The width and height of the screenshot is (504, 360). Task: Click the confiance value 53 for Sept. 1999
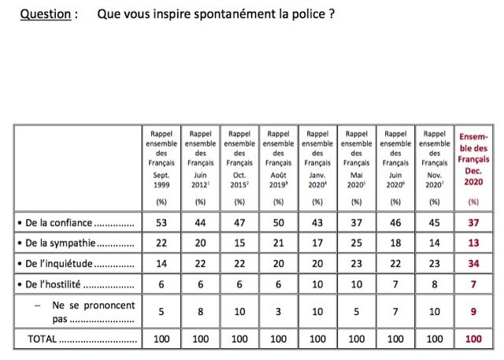point(160,223)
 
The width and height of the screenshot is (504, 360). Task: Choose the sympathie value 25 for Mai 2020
point(356,243)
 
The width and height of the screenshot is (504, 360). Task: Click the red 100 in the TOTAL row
point(473,340)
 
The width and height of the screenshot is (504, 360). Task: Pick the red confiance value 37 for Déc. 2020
point(473,223)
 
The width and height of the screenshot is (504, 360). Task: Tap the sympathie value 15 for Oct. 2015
point(239,243)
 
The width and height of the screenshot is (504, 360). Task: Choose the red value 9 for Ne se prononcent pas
point(473,311)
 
